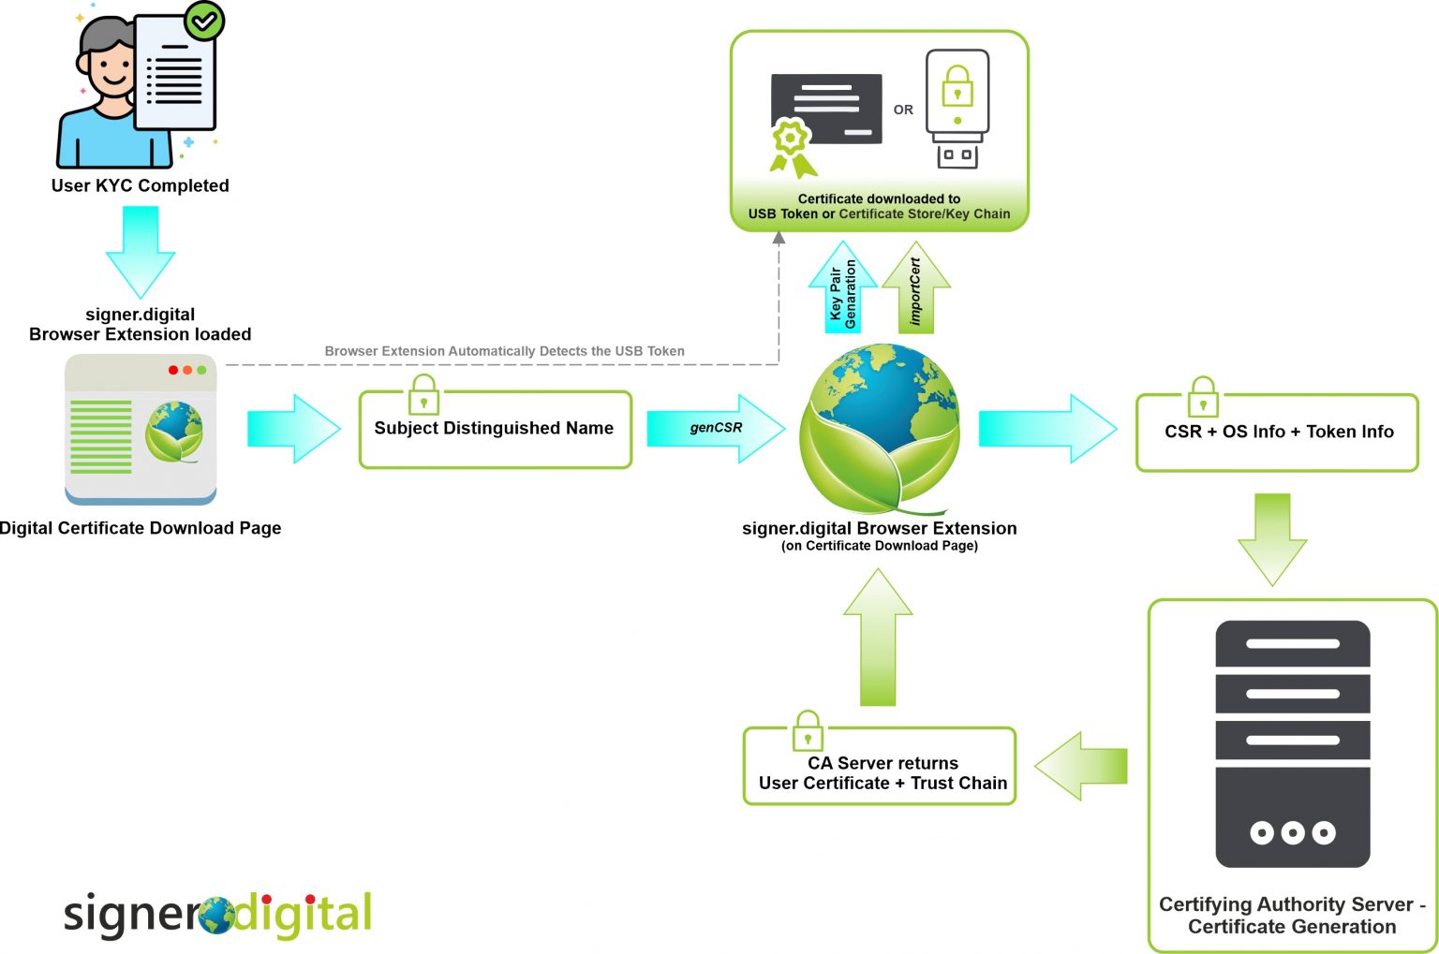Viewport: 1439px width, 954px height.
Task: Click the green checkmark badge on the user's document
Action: pos(204,21)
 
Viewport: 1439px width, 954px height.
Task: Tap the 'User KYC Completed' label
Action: pos(140,185)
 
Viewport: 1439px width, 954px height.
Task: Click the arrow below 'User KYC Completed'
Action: pos(141,250)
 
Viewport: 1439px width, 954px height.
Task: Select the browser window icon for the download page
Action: pos(141,430)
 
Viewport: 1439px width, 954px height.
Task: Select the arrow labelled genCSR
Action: pos(716,428)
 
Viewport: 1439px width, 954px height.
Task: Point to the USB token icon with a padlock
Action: pos(957,109)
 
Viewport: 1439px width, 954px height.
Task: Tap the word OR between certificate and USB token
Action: pos(903,110)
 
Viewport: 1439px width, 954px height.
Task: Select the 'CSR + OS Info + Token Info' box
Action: pos(1277,433)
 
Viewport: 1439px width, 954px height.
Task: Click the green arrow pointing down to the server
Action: pos(1271,537)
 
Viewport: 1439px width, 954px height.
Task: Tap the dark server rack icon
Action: pos(1292,743)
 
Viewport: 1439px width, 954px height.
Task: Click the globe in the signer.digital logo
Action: pos(216,916)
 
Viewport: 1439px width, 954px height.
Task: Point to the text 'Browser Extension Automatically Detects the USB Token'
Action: pos(504,351)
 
